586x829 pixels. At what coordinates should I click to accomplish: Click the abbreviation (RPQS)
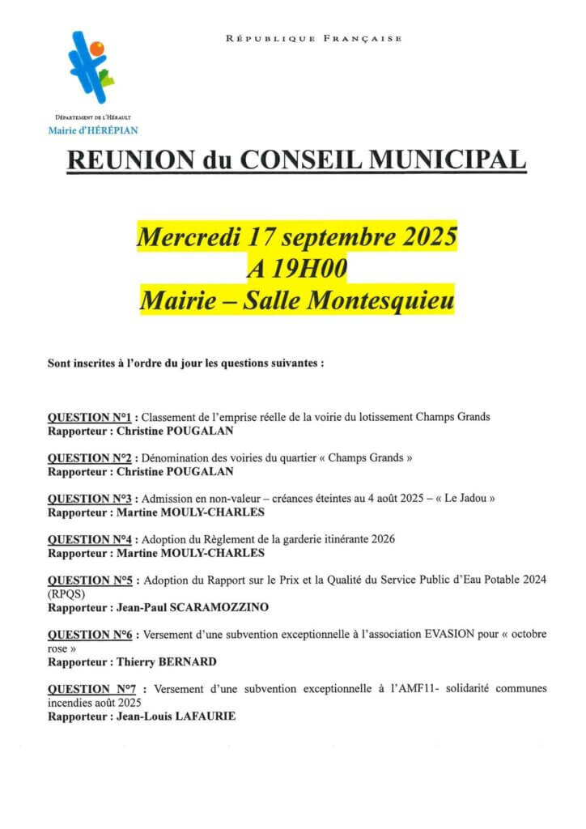[x=65, y=593]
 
